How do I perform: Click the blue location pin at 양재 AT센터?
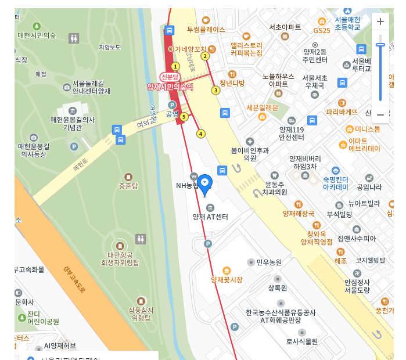pyautogui.click(x=205, y=183)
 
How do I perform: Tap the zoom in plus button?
pyautogui.click(x=380, y=22)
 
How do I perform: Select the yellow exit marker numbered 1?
pyautogui.click(x=175, y=67)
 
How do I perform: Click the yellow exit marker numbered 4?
pyautogui.click(x=201, y=134)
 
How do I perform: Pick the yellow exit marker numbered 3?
pyautogui.click(x=215, y=90)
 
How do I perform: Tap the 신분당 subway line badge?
pyautogui.click(x=171, y=77)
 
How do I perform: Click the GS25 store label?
pyautogui.click(x=322, y=30)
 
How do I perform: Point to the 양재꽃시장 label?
pyautogui.click(x=226, y=279)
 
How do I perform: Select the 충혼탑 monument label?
pyautogui.click(x=128, y=186)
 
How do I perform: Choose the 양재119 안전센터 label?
pyautogui.click(x=292, y=134)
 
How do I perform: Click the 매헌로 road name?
pyautogui.click(x=80, y=166)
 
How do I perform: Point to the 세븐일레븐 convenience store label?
pyautogui.click(x=263, y=107)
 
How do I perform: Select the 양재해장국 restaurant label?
pyautogui.click(x=299, y=214)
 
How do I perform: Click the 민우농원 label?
pyautogui.click(x=269, y=262)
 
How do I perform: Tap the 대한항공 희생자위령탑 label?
pyautogui.click(x=120, y=258)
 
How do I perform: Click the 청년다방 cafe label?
pyautogui.click(x=232, y=83)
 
